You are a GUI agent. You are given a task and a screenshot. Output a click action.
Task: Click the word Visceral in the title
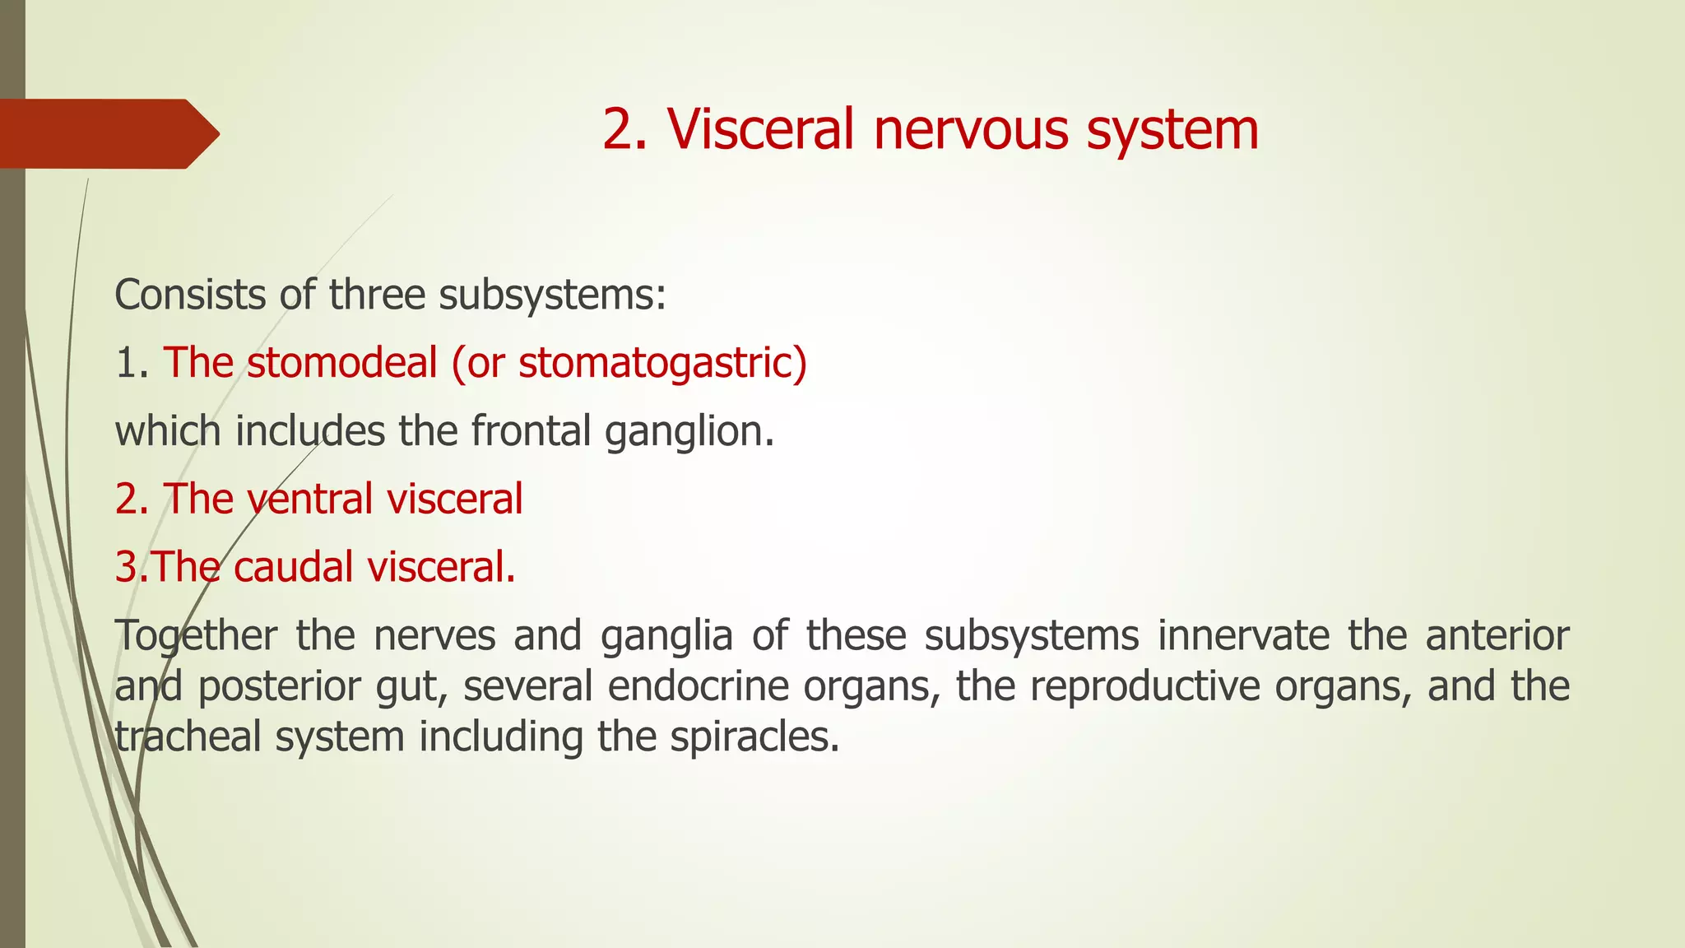(760, 129)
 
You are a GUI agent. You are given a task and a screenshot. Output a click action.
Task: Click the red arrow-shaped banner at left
(107, 133)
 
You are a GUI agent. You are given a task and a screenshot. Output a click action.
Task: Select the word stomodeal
(341, 363)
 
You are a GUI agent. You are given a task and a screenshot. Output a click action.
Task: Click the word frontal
(531, 430)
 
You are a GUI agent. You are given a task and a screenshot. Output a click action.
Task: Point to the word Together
(196, 636)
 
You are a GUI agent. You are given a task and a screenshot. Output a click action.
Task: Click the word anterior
(1497, 635)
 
